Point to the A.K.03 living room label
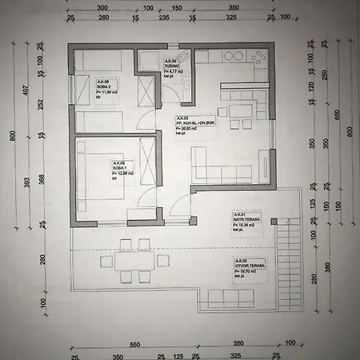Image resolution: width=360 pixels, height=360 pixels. click(190, 124)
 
